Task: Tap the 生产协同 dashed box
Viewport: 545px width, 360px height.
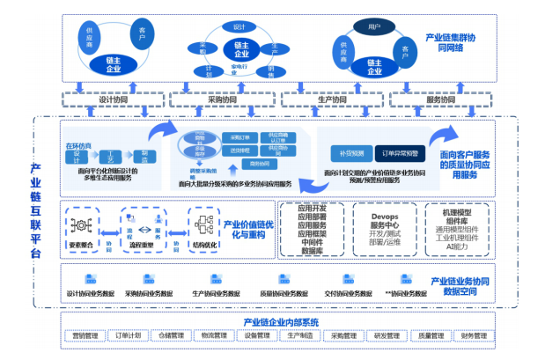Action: (x=332, y=100)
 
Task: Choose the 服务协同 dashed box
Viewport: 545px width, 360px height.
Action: (x=440, y=100)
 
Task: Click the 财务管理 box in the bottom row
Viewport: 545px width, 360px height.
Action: (x=470, y=335)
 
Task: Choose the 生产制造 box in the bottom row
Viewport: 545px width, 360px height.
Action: (x=298, y=335)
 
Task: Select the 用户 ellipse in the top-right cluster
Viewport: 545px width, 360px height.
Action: (x=372, y=28)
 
